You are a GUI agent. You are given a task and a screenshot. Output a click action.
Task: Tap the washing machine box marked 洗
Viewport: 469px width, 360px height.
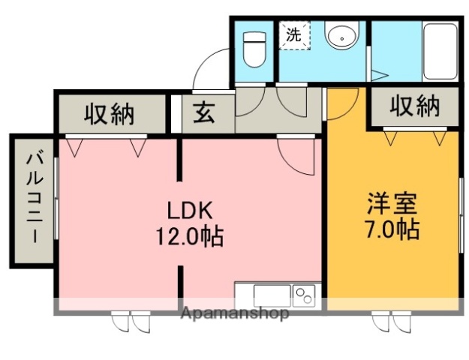(x=296, y=34)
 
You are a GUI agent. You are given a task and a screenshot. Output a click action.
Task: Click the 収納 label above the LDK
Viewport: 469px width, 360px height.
(x=109, y=113)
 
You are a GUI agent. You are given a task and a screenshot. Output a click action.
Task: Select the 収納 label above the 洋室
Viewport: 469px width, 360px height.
(x=414, y=106)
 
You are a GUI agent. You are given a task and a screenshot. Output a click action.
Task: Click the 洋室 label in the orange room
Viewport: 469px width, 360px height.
(x=392, y=202)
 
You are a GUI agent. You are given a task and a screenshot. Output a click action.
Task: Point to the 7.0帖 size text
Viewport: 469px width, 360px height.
(x=392, y=229)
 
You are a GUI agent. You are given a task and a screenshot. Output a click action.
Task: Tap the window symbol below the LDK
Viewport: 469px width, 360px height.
(x=131, y=322)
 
